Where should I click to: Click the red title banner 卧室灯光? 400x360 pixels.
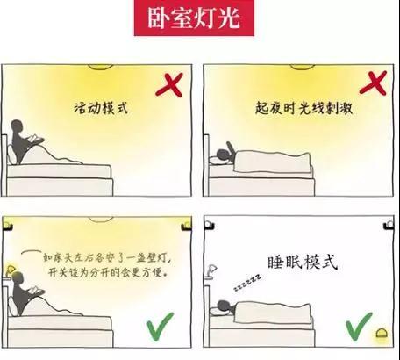194,18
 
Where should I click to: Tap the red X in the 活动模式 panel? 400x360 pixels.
169,85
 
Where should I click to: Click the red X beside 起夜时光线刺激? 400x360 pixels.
374,83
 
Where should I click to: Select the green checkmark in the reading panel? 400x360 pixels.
160,327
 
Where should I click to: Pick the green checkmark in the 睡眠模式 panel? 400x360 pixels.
359,326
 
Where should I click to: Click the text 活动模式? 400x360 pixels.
101,108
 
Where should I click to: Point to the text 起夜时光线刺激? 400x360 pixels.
304,109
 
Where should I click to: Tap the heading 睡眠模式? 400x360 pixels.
303,263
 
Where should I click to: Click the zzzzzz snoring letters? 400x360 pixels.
247,283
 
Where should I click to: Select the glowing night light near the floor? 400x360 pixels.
381,333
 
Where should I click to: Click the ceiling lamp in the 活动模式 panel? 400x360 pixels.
100,67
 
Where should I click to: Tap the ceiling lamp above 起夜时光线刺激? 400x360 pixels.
303,67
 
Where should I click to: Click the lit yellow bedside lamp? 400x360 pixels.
11,270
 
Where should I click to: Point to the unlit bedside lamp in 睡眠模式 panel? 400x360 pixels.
211,270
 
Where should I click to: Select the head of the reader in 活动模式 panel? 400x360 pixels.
18,126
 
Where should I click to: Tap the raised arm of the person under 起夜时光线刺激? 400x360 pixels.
231,149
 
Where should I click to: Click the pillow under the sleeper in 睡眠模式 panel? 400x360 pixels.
216,311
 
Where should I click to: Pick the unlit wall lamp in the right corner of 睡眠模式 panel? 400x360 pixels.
389,226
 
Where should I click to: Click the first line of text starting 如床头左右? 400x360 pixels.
107,258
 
